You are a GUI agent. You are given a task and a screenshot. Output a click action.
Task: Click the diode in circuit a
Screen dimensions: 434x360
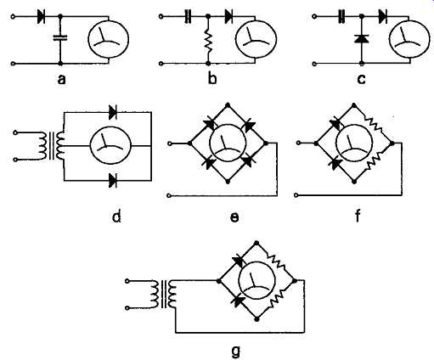(x=42, y=17)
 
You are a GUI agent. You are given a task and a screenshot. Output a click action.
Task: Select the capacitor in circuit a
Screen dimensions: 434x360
(x=60, y=37)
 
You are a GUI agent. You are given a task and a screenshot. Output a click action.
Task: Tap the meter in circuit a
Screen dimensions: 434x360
(x=109, y=39)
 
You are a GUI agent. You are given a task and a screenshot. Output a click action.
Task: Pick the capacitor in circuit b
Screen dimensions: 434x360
(x=188, y=17)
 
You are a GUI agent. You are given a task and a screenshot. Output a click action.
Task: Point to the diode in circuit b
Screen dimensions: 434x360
(x=228, y=17)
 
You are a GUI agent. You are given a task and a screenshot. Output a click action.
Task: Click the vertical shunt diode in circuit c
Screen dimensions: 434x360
(x=361, y=38)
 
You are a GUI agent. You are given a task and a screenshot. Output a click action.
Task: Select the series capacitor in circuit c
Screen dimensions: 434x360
(x=341, y=17)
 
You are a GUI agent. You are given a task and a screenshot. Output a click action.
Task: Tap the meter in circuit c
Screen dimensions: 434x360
(x=409, y=39)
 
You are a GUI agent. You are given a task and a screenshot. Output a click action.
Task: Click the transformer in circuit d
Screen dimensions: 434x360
(x=52, y=146)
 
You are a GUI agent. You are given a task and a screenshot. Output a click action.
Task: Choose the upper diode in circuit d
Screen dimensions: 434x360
(x=113, y=112)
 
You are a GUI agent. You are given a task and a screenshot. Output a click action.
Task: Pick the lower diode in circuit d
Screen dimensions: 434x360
(x=113, y=180)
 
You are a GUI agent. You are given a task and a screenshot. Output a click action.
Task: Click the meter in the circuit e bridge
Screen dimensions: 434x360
(x=228, y=143)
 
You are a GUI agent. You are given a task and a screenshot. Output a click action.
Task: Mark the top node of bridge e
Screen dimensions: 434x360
(x=228, y=105)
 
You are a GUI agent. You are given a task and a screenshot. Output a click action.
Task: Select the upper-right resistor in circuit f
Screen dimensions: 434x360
(x=373, y=125)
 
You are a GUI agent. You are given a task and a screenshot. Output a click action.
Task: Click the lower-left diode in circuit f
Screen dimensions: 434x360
(x=336, y=163)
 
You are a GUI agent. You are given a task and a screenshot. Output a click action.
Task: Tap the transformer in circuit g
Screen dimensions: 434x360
(x=165, y=294)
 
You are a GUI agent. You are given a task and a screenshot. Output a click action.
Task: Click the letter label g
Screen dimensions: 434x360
(x=235, y=352)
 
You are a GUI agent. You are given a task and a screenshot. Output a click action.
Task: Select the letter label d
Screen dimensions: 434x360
(x=116, y=217)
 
